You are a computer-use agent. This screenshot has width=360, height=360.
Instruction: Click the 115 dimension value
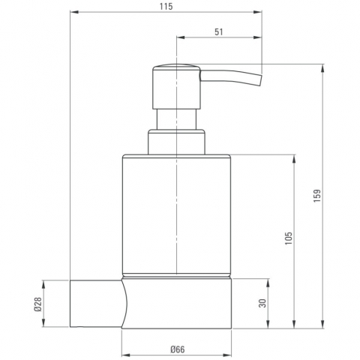[x=166, y=7]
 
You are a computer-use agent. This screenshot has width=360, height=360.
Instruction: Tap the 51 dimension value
[x=219, y=32]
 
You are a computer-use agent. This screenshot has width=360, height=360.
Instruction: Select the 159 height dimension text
[x=317, y=196]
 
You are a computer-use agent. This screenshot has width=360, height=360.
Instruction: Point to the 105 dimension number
[x=289, y=238]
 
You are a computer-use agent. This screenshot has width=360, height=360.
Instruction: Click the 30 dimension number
[x=262, y=303]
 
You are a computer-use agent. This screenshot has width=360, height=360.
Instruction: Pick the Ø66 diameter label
[x=178, y=349]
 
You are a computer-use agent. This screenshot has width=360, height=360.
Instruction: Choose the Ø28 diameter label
[x=37, y=304]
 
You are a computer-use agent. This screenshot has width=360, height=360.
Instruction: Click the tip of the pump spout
[x=260, y=80]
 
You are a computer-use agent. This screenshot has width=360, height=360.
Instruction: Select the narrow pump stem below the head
[x=177, y=119]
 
